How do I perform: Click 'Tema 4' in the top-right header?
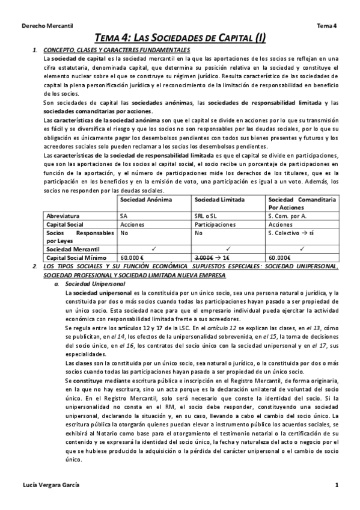click(x=327, y=26)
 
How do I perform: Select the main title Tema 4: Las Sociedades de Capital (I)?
click(x=180, y=38)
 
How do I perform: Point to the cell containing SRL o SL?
click(x=206, y=215)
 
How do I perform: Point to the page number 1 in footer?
click(x=337, y=485)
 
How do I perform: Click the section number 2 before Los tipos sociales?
click(x=34, y=266)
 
